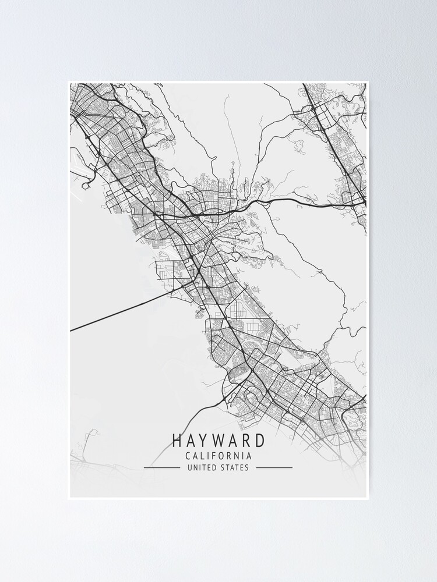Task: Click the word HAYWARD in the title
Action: pos(218,441)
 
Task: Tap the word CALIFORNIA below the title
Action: pos(218,456)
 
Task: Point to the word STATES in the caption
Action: pos(234,467)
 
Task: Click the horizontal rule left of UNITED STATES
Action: pos(161,467)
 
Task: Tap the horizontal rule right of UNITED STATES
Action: pos(274,467)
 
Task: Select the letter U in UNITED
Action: pos(189,467)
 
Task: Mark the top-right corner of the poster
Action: pos(368,82)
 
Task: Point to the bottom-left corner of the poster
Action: pos(69,498)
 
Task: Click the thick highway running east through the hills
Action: pos(303,201)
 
